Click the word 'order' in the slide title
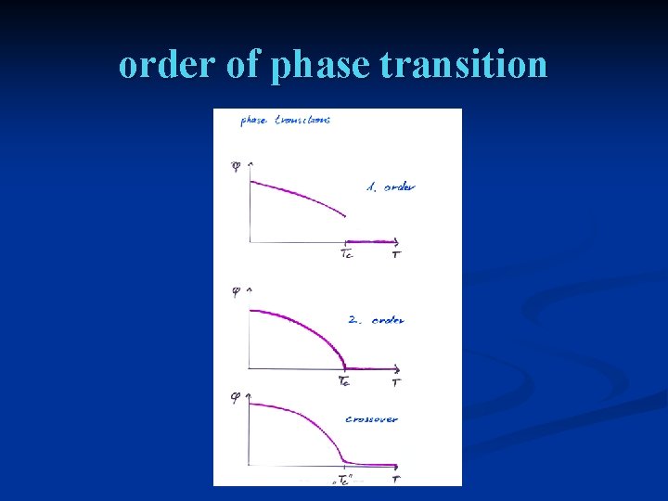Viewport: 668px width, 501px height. [x=161, y=65]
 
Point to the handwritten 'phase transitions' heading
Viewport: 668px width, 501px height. [x=285, y=120]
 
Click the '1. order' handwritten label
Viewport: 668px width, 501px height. [x=390, y=186]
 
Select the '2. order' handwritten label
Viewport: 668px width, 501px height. [x=375, y=320]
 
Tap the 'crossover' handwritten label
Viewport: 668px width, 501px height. [x=371, y=418]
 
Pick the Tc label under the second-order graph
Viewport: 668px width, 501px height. [x=344, y=380]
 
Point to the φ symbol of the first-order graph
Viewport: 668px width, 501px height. [x=236, y=166]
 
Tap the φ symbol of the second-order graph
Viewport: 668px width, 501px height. [x=236, y=291]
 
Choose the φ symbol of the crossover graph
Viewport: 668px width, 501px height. [x=236, y=397]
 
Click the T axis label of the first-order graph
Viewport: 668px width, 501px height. [x=396, y=254]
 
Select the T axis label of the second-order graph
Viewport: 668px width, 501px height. [x=396, y=381]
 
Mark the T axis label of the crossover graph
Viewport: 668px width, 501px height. [x=396, y=479]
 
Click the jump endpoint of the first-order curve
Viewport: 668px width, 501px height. [x=345, y=217]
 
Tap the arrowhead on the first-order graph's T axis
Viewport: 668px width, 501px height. [x=397, y=241]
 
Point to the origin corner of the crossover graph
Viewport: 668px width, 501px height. [x=249, y=465]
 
